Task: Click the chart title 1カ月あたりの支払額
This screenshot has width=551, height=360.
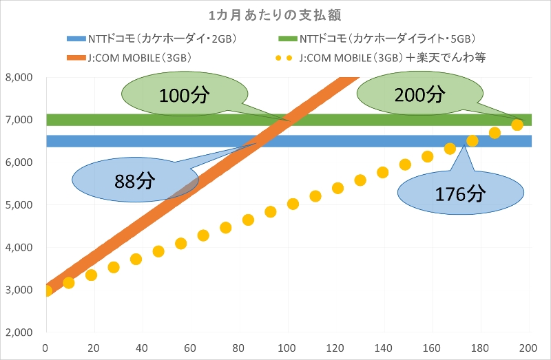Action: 275,14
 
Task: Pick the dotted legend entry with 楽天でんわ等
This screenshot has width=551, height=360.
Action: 393,58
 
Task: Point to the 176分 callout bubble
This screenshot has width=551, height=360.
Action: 461,193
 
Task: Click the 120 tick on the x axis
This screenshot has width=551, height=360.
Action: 336,346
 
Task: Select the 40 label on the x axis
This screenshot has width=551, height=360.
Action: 143,346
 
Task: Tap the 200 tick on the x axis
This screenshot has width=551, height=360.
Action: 529,346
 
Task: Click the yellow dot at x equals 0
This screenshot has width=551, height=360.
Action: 46,290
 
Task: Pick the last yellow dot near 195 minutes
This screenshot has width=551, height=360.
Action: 517,125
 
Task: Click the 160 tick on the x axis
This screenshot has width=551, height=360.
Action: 433,346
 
